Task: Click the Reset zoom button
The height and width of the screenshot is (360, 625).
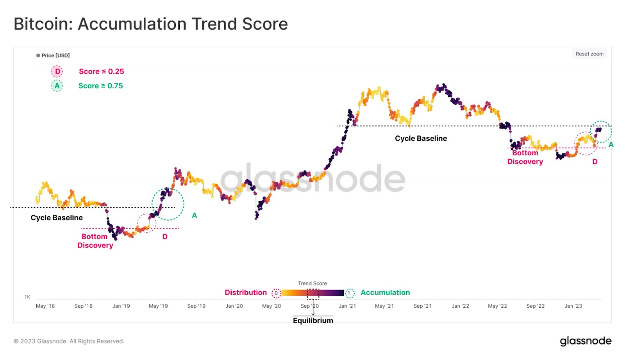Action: (x=589, y=54)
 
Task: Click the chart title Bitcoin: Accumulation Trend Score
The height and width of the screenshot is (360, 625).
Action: (x=151, y=24)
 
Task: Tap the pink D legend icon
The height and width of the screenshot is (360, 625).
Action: (x=57, y=71)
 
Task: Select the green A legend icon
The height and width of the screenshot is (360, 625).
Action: (x=57, y=86)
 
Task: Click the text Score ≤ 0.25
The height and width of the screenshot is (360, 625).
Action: (x=101, y=71)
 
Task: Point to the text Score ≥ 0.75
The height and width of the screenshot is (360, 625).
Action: (x=100, y=86)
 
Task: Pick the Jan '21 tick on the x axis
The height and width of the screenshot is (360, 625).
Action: (x=347, y=306)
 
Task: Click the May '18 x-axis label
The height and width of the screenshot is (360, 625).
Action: (x=45, y=306)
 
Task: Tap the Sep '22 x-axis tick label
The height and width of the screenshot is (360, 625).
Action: (x=535, y=306)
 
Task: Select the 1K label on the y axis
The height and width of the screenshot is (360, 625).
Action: (x=27, y=297)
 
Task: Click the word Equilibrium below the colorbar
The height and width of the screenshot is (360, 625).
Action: (x=313, y=321)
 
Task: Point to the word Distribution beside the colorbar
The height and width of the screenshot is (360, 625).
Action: (x=245, y=292)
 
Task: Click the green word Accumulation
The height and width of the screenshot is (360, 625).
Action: (x=385, y=292)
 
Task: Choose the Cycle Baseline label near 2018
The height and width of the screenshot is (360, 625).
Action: (x=57, y=218)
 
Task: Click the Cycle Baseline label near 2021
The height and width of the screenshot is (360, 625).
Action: (x=421, y=139)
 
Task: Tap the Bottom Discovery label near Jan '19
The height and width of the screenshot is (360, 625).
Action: (x=95, y=241)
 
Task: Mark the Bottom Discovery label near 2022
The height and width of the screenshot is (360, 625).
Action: (x=525, y=157)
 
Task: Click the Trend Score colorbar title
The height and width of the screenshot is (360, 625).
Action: (x=312, y=283)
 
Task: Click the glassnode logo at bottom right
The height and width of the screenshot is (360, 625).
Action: (x=585, y=341)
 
